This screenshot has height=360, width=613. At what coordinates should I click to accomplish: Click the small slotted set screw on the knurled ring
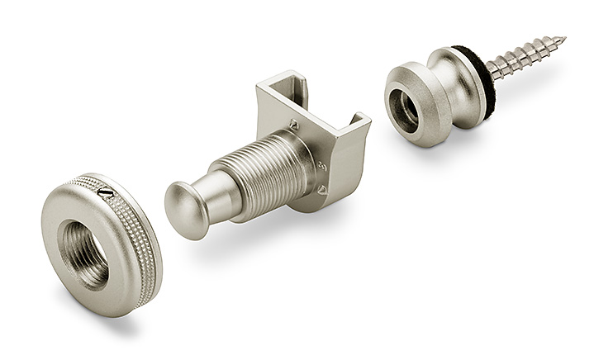tap(105, 192)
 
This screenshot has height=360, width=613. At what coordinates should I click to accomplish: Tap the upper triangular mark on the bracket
tap(292, 125)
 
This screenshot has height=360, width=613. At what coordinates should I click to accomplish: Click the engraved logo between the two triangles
tap(322, 166)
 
